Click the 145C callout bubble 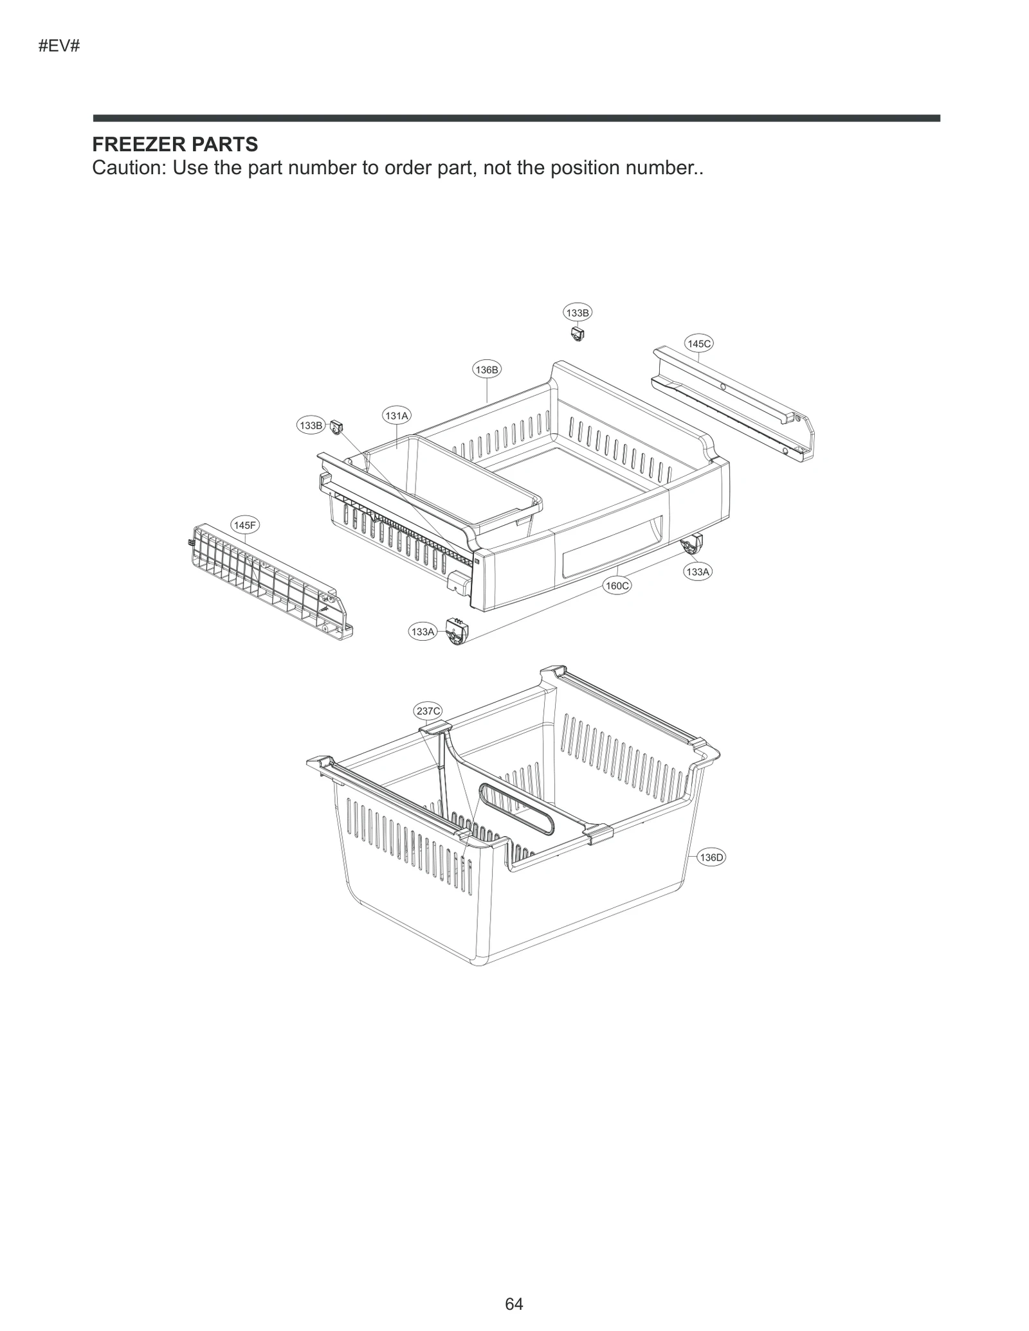(x=698, y=344)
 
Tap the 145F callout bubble (x=244, y=525)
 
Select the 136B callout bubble (x=486, y=370)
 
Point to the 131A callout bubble (x=396, y=416)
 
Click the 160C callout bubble (x=617, y=585)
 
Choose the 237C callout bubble (x=428, y=711)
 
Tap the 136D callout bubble (x=711, y=857)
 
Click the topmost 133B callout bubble (x=577, y=313)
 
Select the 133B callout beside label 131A (x=311, y=425)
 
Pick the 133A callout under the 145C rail (x=698, y=571)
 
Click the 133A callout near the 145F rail (x=423, y=632)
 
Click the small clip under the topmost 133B (x=577, y=334)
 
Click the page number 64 (x=514, y=1303)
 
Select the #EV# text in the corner (x=59, y=46)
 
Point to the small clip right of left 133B (x=336, y=425)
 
